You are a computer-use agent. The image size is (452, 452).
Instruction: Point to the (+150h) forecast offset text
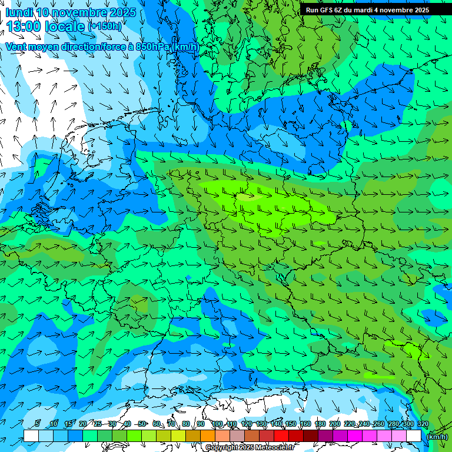105,26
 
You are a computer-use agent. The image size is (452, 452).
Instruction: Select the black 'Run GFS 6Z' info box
367,10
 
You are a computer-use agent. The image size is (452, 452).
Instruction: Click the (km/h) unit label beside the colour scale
436,437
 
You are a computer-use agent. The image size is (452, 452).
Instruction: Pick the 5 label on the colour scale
38,424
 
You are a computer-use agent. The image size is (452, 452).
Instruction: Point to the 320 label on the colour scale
423,424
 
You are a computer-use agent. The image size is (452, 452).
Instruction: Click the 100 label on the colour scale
218,424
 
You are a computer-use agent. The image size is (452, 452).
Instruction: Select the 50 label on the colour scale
142,424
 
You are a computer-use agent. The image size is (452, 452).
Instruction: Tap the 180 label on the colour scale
320,424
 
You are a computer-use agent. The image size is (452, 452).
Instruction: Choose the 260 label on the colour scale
378,424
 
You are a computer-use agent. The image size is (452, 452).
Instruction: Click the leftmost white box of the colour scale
31,436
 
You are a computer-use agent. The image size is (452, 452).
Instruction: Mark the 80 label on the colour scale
186,424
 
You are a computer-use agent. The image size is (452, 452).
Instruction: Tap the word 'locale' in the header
64,26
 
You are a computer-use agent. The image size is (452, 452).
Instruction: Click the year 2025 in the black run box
420,10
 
